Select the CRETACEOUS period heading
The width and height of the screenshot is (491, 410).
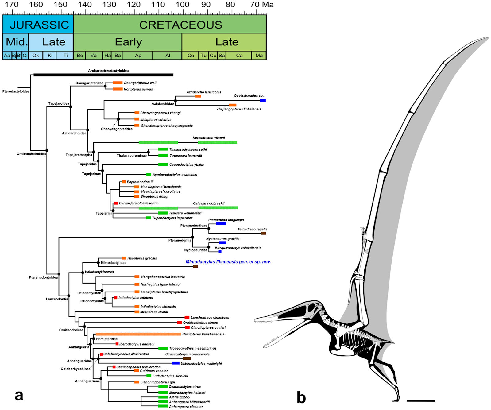pos(180,25)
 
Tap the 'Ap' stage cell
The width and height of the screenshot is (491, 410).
pos(138,56)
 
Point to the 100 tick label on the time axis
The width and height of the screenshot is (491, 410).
pos(182,5)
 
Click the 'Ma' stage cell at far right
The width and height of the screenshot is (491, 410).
pos(259,56)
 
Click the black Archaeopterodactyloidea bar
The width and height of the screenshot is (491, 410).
pos(103,75)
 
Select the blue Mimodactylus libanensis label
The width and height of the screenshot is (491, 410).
pos(228,262)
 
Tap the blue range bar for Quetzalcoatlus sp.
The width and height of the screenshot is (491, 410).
pos(263,100)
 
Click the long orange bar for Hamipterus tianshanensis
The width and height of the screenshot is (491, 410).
pos(138,334)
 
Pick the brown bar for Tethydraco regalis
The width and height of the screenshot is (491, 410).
pos(263,233)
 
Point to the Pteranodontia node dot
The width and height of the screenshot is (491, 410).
pos(193,237)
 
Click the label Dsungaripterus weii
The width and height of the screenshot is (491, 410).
pos(140,83)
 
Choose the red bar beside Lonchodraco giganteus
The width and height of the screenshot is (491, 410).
pos(187,317)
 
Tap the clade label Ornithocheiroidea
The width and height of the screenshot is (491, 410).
pos(31,154)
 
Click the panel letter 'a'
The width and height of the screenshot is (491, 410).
pos(19,395)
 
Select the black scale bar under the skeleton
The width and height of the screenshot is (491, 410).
pos(420,401)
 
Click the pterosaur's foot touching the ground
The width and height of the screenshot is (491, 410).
pos(396,400)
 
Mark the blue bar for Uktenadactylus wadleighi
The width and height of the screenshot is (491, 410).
pos(176,363)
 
